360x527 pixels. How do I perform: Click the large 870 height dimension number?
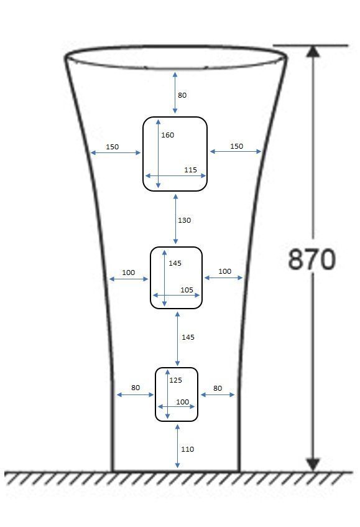pos(312,259)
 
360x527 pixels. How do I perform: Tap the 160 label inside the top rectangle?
pos(168,135)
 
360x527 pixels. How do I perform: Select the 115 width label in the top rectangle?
pos(190,170)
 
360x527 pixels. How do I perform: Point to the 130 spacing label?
pos(185,220)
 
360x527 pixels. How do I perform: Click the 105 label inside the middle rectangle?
pos(187,290)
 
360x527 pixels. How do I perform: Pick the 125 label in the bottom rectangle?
pos(175,380)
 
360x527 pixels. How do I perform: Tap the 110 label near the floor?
pos(187,449)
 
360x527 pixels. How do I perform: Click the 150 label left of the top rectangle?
pos(112,147)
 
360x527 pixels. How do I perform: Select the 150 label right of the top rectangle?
pos(236,146)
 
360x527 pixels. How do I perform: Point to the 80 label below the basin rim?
pos(182,95)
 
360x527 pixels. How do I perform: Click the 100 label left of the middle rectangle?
pos(128,273)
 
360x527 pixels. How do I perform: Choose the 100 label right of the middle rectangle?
pos(224,271)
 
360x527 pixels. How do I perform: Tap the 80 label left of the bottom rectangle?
pos(136,388)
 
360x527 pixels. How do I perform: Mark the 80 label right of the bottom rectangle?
pos(218,388)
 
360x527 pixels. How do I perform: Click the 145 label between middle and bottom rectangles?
pos(188,337)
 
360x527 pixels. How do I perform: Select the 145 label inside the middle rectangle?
pos(175,263)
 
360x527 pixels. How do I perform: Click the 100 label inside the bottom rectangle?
pos(182,402)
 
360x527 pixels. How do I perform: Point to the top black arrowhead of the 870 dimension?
pos(313,51)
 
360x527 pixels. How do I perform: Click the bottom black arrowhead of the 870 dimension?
pos(313,464)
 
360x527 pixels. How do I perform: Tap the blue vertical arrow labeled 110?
pos(177,446)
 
